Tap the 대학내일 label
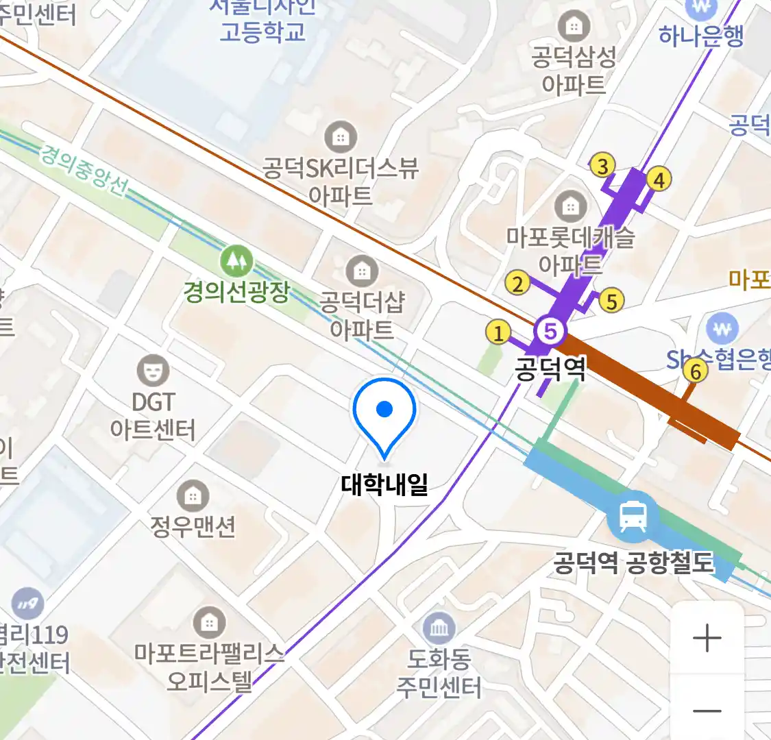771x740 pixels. point(384,484)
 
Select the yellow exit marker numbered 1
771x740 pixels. point(498,333)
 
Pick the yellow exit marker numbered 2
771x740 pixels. point(517,282)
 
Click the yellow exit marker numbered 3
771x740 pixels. point(602,165)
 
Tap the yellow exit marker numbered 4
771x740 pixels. point(659,180)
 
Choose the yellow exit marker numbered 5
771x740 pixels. point(611,300)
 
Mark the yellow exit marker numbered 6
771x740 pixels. point(696,371)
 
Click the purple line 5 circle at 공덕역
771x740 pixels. point(550,332)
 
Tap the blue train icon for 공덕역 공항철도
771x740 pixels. point(632,517)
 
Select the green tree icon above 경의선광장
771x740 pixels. point(236,261)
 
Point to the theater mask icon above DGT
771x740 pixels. point(152,370)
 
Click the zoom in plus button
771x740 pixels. point(707,638)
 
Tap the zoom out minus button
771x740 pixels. point(707,711)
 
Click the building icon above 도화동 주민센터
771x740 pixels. point(439,627)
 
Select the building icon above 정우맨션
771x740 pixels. point(193,495)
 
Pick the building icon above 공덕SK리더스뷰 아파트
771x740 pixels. point(340,137)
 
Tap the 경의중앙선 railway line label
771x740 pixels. point(84,169)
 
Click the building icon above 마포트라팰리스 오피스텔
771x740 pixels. point(210,623)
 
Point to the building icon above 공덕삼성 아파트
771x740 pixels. point(574,27)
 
